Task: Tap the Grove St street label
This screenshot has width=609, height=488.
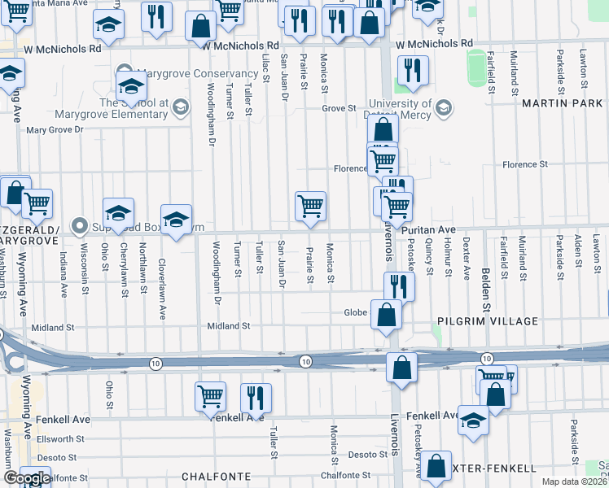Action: [x=339, y=107]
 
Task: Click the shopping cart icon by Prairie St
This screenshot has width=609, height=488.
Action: [x=310, y=207]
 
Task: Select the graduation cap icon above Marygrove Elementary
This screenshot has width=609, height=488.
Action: [x=131, y=86]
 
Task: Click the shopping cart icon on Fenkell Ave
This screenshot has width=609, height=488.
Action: [x=210, y=397]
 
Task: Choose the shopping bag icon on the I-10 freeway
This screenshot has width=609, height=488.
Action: [x=401, y=367]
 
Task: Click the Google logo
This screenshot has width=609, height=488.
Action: [x=27, y=478]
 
